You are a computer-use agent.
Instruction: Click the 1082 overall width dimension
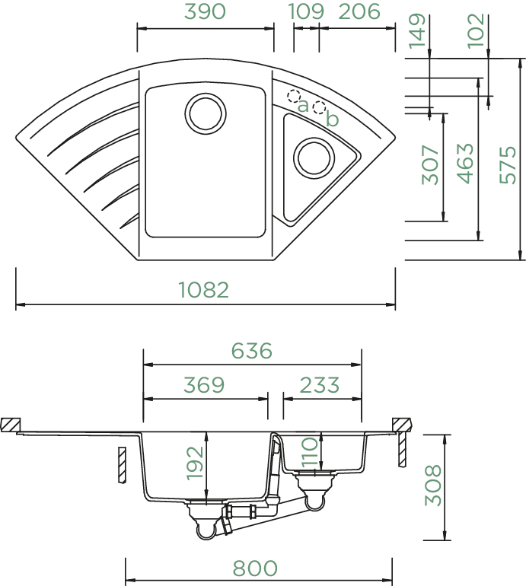[x=203, y=290]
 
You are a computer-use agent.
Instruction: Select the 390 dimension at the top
[x=206, y=11]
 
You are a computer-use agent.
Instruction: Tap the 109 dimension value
[x=306, y=11]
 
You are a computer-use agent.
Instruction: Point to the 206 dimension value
[x=359, y=11]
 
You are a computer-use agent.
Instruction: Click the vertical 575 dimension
[x=508, y=164]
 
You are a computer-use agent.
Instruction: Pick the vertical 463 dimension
[x=465, y=164]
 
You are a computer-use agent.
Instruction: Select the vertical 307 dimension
[x=430, y=165]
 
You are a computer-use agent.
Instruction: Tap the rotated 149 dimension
[x=417, y=31]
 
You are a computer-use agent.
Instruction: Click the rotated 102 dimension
[x=477, y=31]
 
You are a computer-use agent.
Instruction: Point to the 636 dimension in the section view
[x=252, y=351]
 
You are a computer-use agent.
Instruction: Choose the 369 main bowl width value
[x=204, y=384]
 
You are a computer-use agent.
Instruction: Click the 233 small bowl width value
[x=319, y=384]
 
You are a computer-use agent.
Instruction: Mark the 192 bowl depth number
[x=195, y=463]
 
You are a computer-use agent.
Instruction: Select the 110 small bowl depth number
[x=310, y=453]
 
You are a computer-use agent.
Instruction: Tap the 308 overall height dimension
[x=433, y=485]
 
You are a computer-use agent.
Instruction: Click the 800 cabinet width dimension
[x=255, y=568]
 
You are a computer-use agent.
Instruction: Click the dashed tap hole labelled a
[x=294, y=96]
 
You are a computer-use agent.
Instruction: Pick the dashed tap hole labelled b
[x=319, y=107]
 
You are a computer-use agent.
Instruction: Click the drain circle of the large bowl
[x=206, y=113]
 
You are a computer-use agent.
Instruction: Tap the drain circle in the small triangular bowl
[x=314, y=158]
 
